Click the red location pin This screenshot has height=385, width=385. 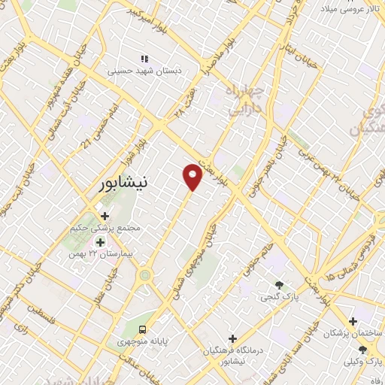coord(193,177)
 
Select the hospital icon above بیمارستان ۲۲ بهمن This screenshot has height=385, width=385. coord(100,242)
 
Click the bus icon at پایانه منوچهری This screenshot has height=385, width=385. coord(142,329)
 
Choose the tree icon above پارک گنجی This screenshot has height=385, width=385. coord(279,285)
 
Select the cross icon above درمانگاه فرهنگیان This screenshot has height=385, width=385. coord(232,338)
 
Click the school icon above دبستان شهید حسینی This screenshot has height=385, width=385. coord(144,59)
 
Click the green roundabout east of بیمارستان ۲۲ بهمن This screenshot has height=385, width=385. coord(144,275)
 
